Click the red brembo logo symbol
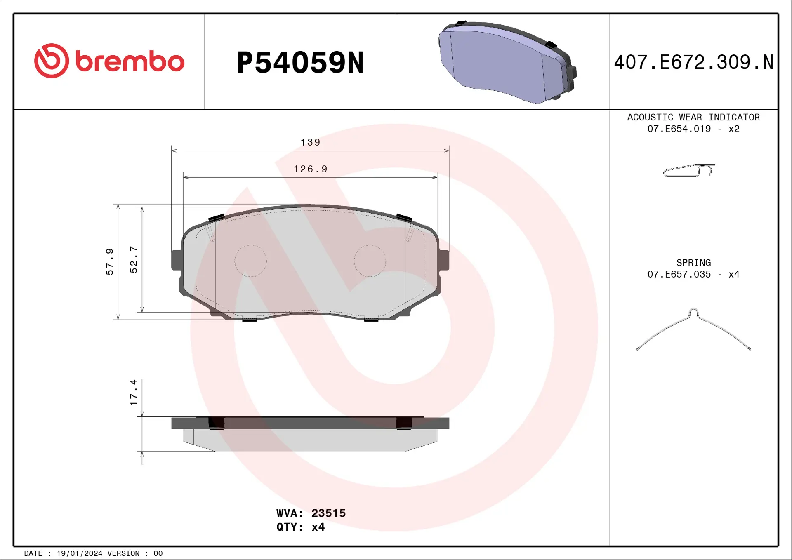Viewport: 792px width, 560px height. pyautogui.click(x=52, y=61)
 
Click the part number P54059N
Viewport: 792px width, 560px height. pyautogui.click(x=300, y=63)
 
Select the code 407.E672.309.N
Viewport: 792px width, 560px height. pyautogui.click(x=693, y=63)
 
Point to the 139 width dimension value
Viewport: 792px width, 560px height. pyautogui.click(x=310, y=143)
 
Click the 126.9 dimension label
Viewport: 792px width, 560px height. pyautogui.click(x=310, y=169)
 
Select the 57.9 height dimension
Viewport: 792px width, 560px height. pyautogui.click(x=110, y=261)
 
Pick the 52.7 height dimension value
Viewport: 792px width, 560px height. pyautogui.click(x=134, y=259)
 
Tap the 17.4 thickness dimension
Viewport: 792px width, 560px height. pyautogui.click(x=134, y=392)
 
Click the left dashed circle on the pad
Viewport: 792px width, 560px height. pyautogui.click(x=250, y=261)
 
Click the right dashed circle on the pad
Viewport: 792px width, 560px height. pyautogui.click(x=370, y=261)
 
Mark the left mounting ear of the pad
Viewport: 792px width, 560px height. pyautogui.click(x=176, y=260)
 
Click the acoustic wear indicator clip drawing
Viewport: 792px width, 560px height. pyautogui.click(x=688, y=170)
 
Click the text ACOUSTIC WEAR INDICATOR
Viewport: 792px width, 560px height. pyautogui.click(x=693, y=118)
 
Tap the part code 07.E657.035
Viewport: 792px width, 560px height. pyautogui.click(x=679, y=274)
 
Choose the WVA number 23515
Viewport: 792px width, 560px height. pyautogui.click(x=328, y=513)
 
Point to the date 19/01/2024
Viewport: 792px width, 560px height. pyautogui.click(x=79, y=553)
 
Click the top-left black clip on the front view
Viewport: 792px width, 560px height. pyautogui.click(x=216, y=218)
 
